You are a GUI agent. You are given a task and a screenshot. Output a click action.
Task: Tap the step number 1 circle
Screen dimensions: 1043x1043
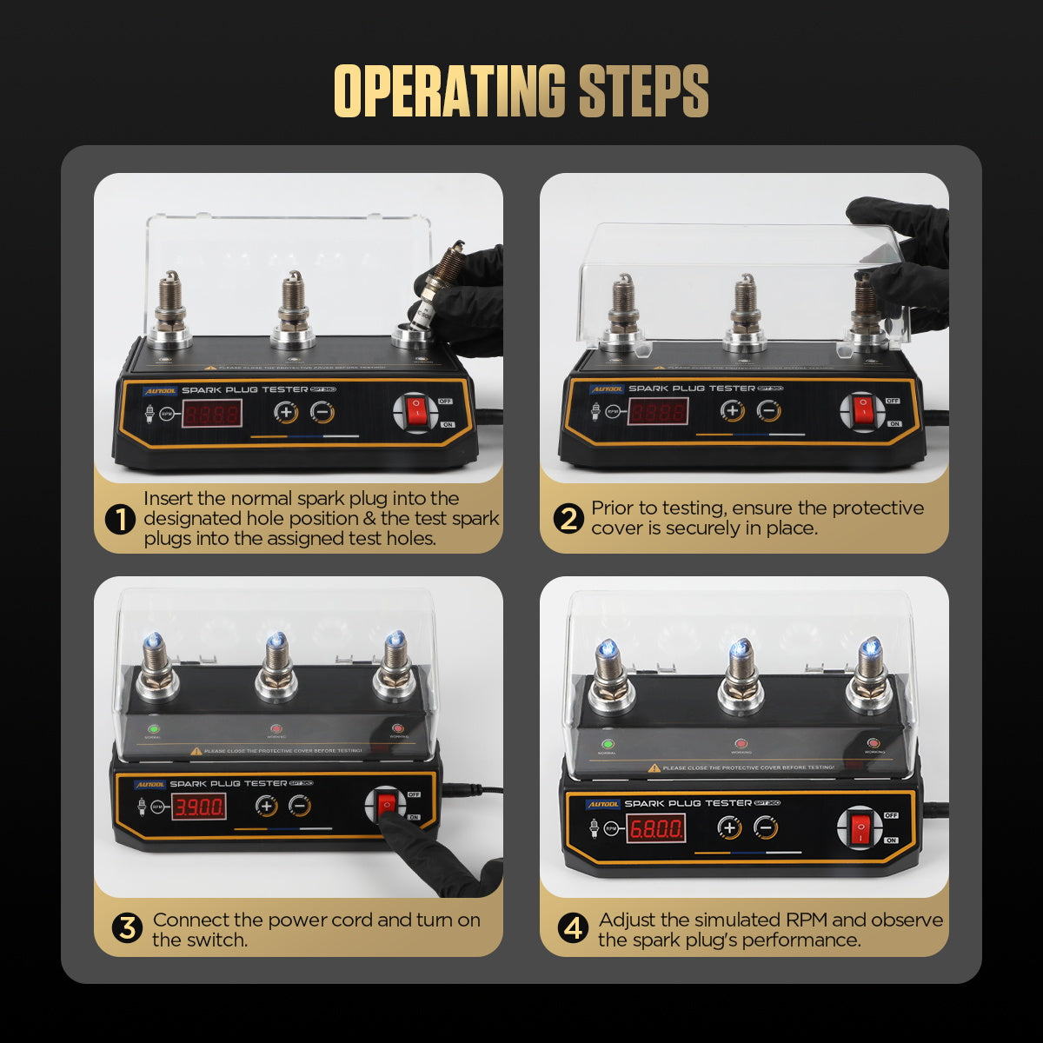click(120, 520)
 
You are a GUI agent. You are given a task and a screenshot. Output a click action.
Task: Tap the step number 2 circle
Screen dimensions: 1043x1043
click(568, 519)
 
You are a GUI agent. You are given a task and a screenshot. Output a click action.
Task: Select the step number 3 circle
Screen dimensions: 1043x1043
click(127, 928)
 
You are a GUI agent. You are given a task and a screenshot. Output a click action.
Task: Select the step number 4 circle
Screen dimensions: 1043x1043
click(573, 928)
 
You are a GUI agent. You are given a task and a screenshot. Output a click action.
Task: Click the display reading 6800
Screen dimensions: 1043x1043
click(656, 828)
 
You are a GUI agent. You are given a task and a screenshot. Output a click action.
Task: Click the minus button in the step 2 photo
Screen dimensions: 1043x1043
click(767, 411)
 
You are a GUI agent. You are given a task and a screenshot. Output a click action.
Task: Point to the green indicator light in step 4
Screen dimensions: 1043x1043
click(608, 744)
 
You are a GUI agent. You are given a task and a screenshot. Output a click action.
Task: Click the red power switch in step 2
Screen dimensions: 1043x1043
click(862, 411)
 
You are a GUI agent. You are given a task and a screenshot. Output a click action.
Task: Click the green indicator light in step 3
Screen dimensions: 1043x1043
click(154, 730)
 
